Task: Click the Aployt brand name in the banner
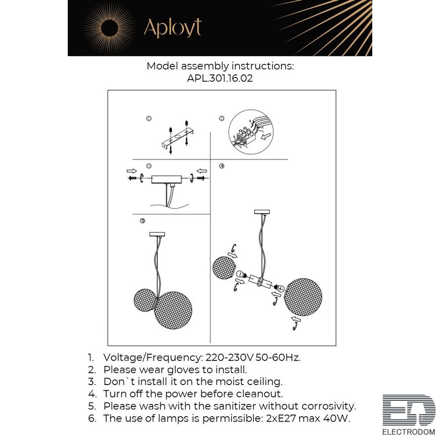click(x=172, y=28)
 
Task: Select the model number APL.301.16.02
click(x=220, y=78)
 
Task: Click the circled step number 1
click(x=149, y=118)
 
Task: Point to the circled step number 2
click(x=222, y=118)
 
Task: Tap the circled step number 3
click(x=149, y=166)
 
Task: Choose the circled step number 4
click(x=222, y=166)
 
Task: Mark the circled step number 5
click(x=143, y=221)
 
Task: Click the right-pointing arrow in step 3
click(x=132, y=171)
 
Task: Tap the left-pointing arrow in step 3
click(x=202, y=171)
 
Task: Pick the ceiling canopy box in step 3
click(x=166, y=180)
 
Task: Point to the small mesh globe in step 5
click(x=145, y=300)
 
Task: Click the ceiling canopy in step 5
click(x=157, y=235)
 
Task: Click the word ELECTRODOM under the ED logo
click(x=409, y=432)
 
